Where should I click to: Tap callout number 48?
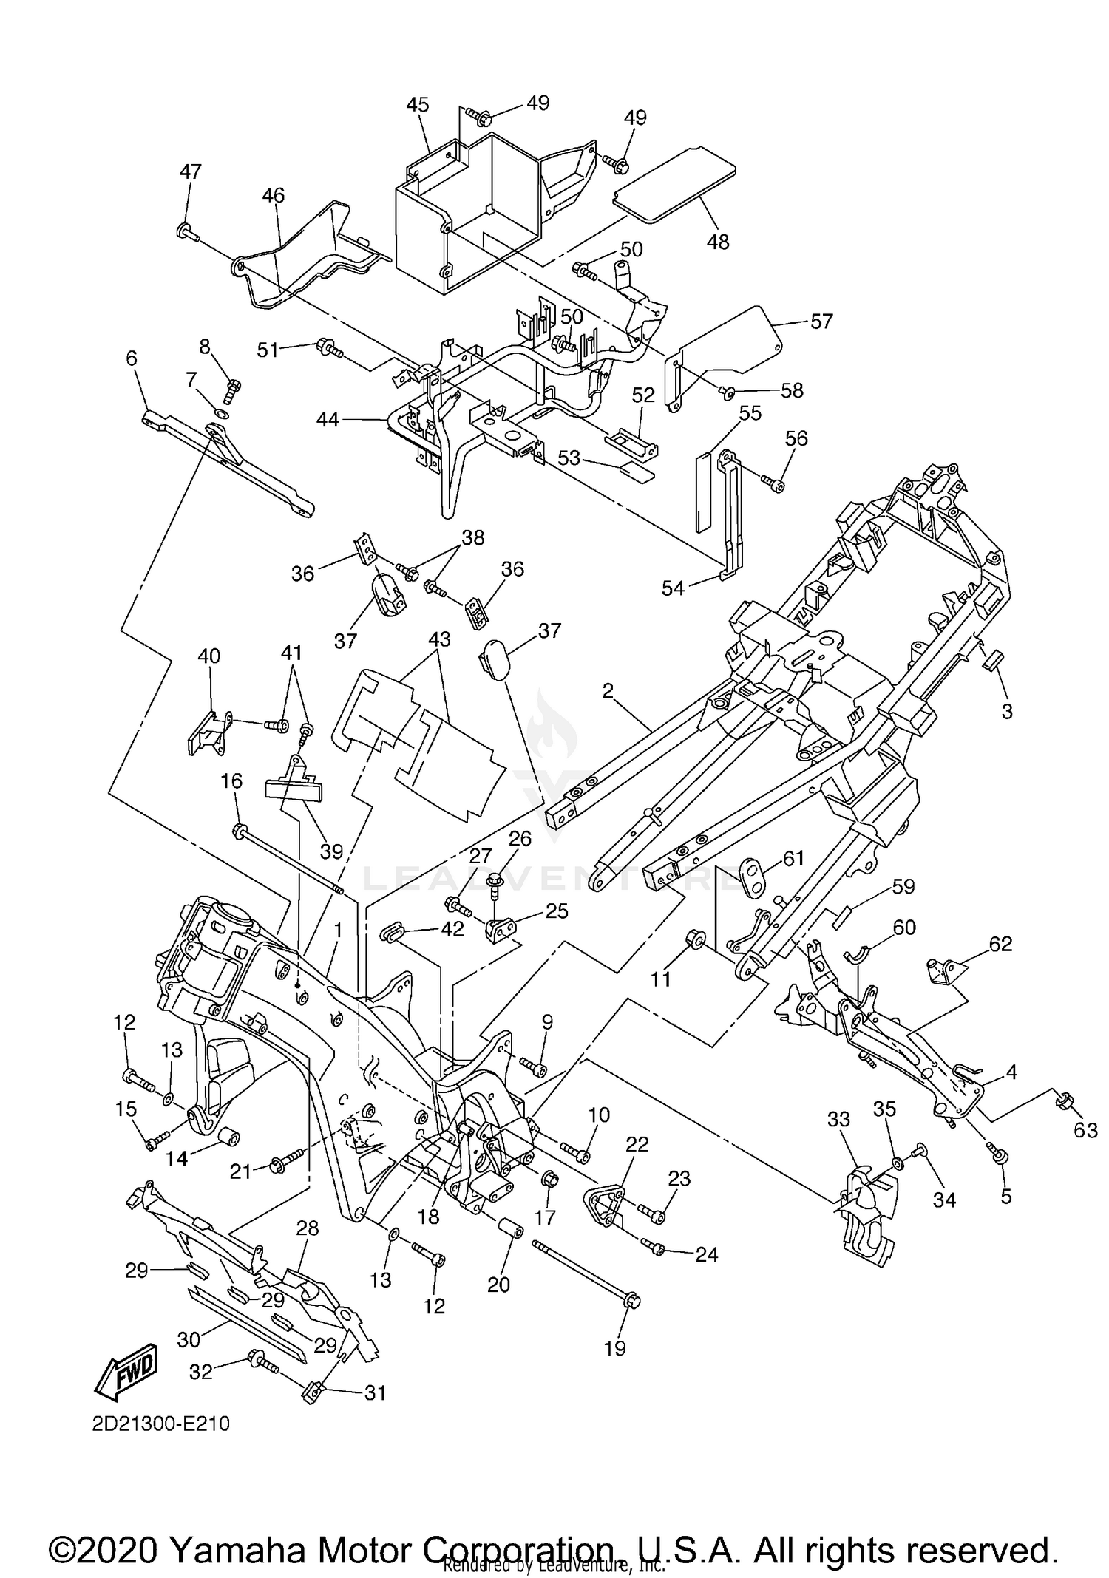(717, 241)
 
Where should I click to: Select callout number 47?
(190, 172)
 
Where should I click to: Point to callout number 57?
(821, 322)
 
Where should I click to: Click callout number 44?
(328, 420)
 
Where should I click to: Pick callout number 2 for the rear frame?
(608, 691)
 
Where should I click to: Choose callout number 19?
(614, 1348)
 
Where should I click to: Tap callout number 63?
(1085, 1130)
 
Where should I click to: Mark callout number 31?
(376, 1392)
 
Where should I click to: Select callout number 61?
(793, 859)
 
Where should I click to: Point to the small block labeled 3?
(992, 658)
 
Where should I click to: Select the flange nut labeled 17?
(549, 1178)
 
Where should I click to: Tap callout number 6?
(132, 358)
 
